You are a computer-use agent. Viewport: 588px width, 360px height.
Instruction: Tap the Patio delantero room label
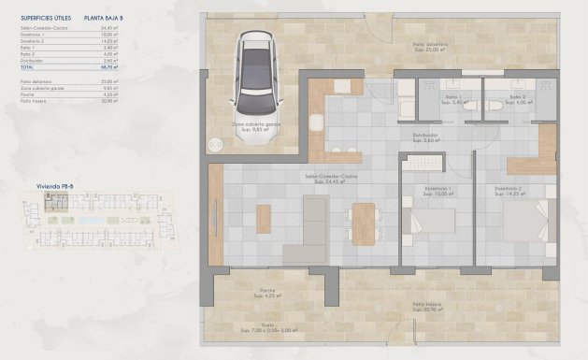(433, 45)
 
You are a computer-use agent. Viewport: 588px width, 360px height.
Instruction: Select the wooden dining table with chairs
(363, 223)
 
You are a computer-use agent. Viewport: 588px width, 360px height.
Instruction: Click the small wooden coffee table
(263, 219)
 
